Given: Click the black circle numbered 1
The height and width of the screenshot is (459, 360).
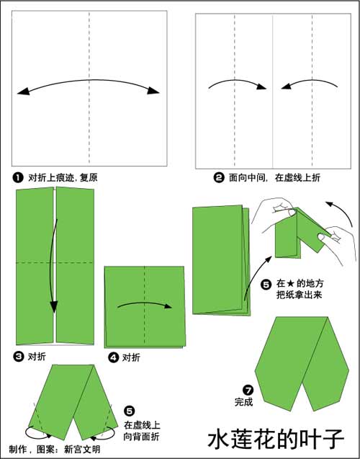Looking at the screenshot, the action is [18, 178].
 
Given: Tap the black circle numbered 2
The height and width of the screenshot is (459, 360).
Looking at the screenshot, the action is [219, 178].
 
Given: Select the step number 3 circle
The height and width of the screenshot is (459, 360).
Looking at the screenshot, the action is [18, 357].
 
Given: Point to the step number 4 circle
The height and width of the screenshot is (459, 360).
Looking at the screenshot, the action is [113, 357].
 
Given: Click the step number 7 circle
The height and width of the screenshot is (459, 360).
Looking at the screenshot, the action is [248, 391].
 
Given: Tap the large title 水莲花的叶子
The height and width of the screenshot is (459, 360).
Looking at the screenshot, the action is [276, 438].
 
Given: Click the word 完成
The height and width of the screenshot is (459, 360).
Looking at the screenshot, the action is [243, 402].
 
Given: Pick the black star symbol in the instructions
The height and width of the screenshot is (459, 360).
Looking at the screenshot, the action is [291, 284].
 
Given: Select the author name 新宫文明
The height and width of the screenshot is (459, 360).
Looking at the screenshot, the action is [82, 449].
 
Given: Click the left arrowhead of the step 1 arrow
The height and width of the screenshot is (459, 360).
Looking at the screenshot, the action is [23, 92].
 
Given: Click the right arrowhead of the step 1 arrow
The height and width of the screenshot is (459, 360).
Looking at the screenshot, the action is [153, 91].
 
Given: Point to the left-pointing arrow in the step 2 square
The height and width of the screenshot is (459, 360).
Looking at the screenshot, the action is [310, 84].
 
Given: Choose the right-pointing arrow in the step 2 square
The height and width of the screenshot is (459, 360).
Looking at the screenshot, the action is [237, 84].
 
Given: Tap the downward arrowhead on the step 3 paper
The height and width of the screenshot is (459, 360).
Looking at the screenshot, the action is [53, 307].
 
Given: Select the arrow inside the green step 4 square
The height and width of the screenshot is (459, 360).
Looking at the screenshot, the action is [145, 304].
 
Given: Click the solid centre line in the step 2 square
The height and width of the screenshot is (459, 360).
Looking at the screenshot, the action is [273, 92].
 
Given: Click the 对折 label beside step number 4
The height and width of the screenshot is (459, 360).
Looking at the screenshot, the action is [131, 357].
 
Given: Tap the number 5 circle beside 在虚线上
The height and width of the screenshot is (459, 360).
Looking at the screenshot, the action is [130, 411].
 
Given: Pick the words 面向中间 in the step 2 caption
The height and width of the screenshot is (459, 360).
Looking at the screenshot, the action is [247, 178].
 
